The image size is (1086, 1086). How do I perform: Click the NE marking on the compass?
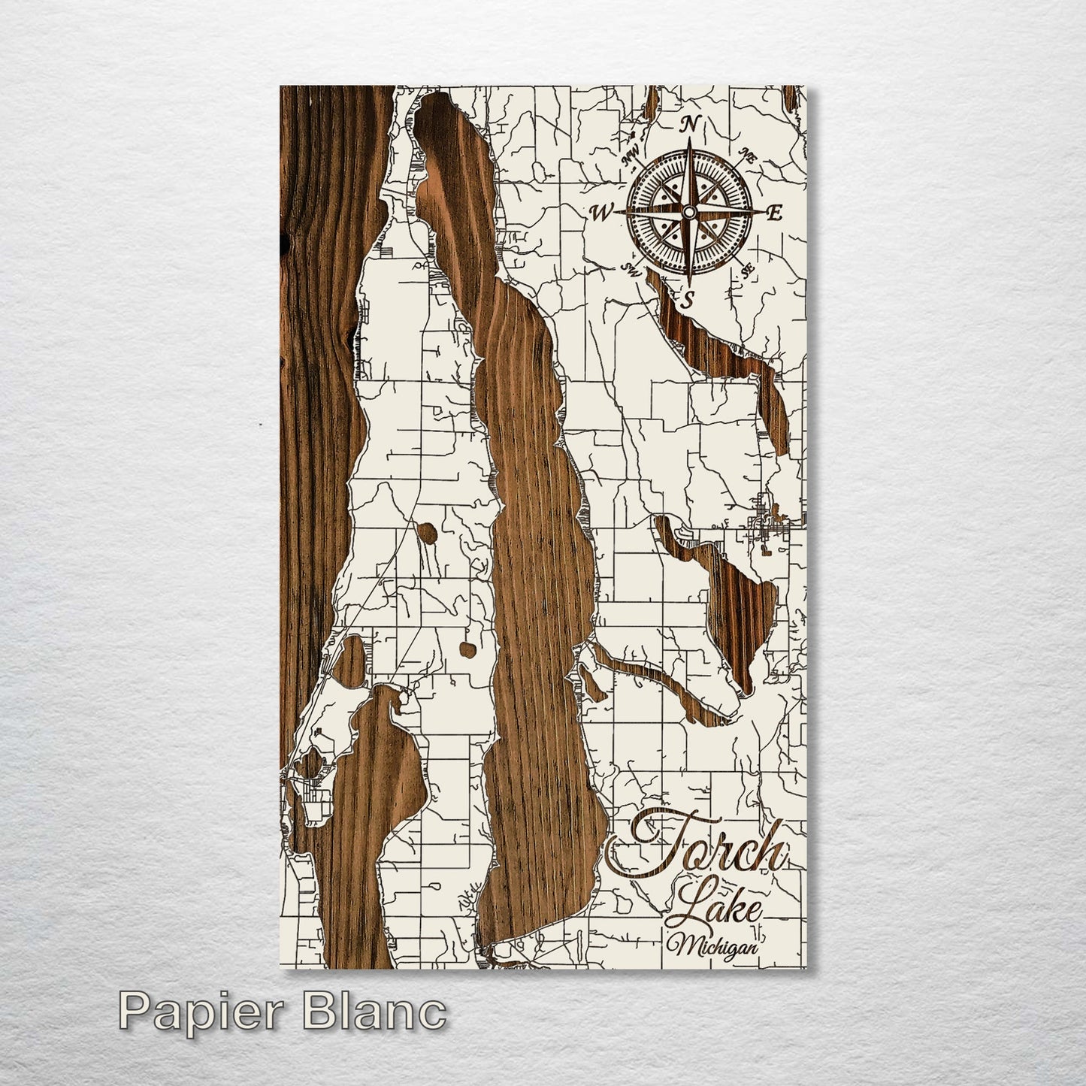tap(746, 155)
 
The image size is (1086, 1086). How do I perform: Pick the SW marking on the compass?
tap(630, 269)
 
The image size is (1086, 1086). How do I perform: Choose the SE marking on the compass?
tap(747, 271)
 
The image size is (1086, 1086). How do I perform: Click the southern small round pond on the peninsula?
tap(467, 646)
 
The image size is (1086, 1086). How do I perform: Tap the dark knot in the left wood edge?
tap(283, 240)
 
